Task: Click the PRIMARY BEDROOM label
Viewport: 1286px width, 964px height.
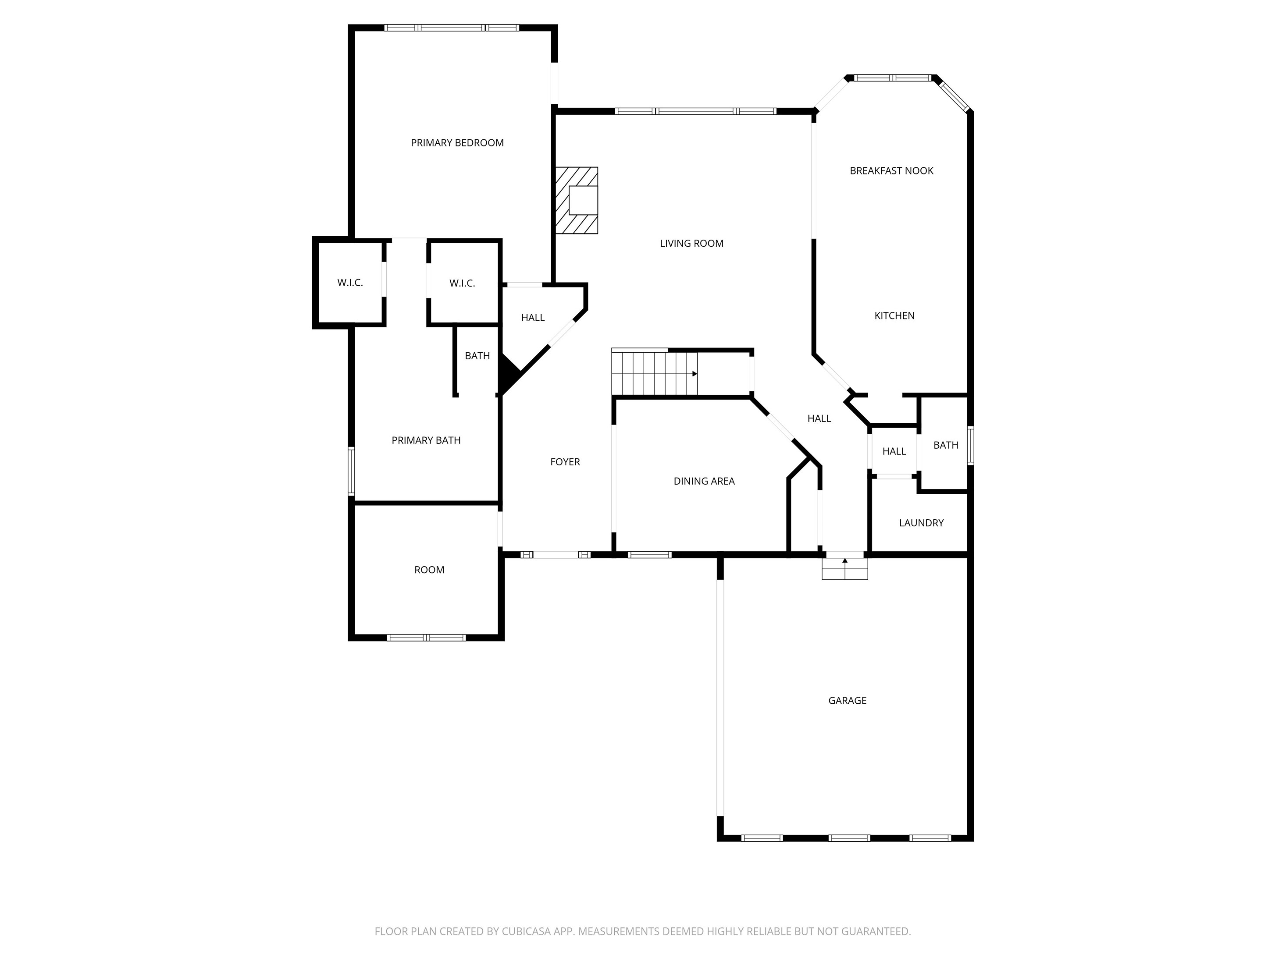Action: tap(457, 143)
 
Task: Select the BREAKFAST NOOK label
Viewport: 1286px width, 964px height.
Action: tap(891, 171)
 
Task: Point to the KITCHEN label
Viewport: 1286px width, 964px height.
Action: tap(894, 316)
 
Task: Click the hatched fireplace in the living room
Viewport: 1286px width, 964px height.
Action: tap(576, 201)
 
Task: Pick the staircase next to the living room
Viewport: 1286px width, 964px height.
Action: tap(654, 373)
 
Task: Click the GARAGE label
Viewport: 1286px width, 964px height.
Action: tap(847, 701)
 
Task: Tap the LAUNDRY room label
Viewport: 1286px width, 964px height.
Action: tap(921, 523)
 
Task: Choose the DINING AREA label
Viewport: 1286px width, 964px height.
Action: tap(704, 481)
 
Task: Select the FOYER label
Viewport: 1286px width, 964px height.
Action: tap(565, 462)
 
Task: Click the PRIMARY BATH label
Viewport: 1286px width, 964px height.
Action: tap(426, 440)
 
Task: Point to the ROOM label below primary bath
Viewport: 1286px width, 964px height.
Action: tap(429, 570)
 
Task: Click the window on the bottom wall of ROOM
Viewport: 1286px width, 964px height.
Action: tap(427, 638)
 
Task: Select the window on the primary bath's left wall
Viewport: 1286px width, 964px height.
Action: tap(351, 471)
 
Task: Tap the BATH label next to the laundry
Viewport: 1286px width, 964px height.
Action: tap(945, 445)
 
